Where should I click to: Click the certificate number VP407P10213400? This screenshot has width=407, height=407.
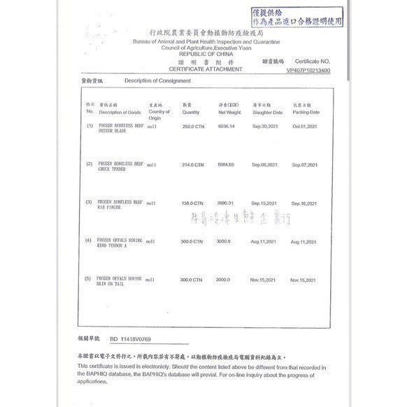[x=308, y=71]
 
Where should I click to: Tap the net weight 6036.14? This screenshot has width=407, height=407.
[x=229, y=126]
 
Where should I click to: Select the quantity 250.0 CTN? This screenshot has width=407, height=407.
[x=192, y=126]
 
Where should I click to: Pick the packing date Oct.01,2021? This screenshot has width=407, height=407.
[x=306, y=126]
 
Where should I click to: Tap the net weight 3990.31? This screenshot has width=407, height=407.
[x=229, y=202]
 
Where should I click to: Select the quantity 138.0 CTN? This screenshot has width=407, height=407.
[x=192, y=202]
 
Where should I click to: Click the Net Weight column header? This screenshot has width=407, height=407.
[x=230, y=112]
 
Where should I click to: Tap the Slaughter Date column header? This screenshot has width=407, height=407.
[x=268, y=112]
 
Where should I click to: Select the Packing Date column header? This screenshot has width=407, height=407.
[x=306, y=112]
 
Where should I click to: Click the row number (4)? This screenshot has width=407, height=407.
[x=89, y=241]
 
